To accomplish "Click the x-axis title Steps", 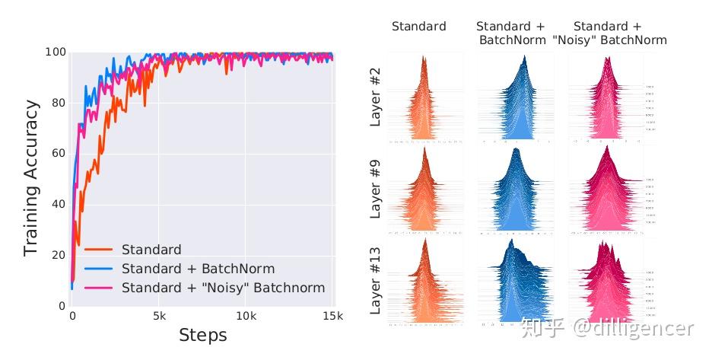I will click(202, 335).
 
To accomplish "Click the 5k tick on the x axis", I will click(159, 315).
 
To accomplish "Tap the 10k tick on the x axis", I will click(245, 315).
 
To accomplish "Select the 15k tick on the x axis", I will click(332, 315).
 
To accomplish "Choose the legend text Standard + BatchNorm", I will click(198, 269).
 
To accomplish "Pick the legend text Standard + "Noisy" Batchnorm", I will click(223, 288).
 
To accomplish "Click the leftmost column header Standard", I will click(418, 27).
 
